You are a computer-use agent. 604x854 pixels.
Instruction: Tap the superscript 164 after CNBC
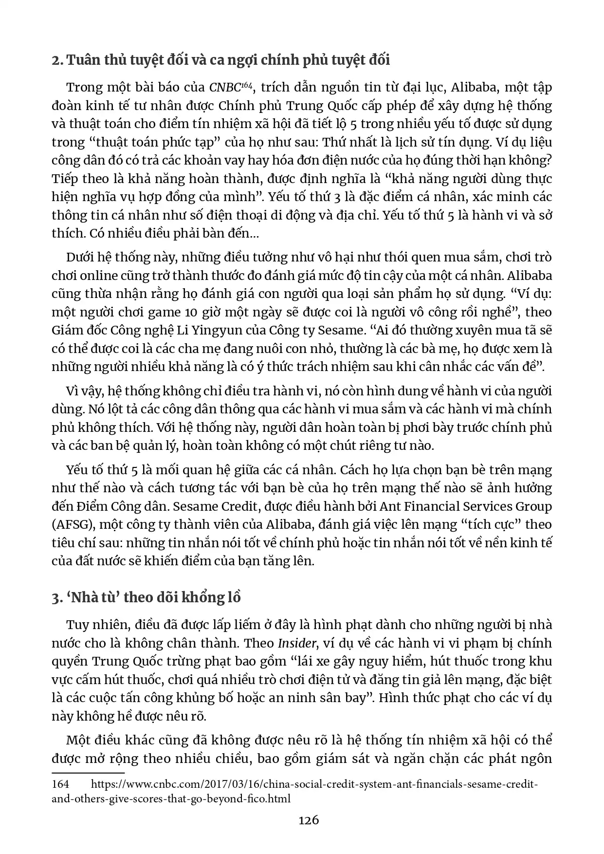tap(246, 85)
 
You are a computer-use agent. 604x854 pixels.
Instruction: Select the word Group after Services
tap(534, 506)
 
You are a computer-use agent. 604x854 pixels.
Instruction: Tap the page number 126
tap(309, 820)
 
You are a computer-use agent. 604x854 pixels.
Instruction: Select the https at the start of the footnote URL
tap(106, 784)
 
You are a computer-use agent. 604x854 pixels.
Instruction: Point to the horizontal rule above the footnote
tap(88, 773)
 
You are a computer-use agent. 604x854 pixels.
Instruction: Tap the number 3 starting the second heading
tap(55, 598)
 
